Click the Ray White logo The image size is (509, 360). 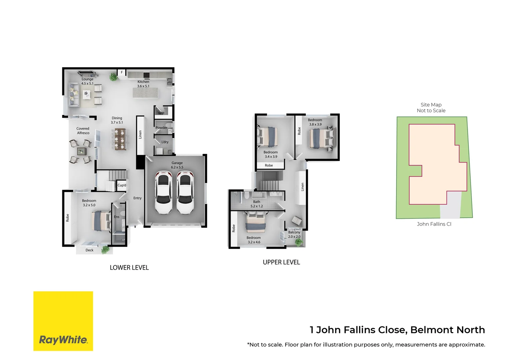point(63,321)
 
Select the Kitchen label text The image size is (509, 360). point(143,82)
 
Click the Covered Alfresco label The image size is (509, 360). point(83,131)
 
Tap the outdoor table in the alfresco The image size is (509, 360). point(81,151)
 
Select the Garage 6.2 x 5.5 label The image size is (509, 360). point(177,165)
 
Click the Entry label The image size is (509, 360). point(137,198)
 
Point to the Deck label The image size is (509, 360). point(89,250)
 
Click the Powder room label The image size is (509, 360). point(162,128)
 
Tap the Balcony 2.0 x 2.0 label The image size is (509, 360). point(294,234)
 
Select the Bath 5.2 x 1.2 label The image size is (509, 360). point(256,204)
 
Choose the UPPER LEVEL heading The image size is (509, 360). point(281,262)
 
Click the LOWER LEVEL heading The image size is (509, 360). point(129,267)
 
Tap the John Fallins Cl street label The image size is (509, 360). point(434,224)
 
